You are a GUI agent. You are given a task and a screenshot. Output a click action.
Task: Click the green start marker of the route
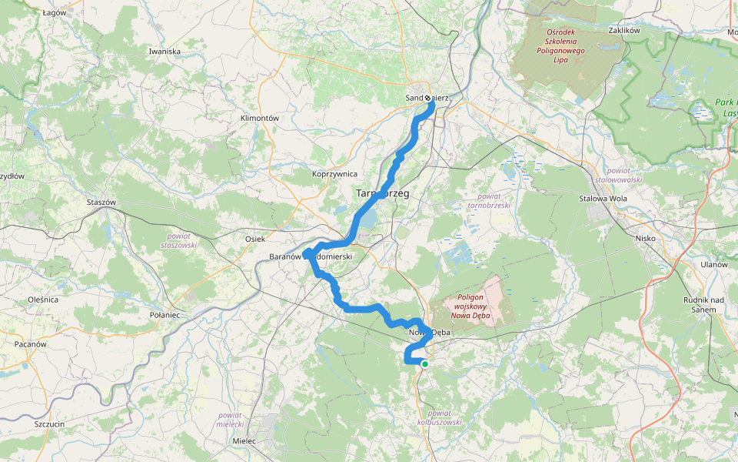coord(424,363)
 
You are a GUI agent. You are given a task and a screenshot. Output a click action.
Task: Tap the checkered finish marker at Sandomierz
coord(428,99)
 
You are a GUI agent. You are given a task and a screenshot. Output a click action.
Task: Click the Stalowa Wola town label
coord(603,198)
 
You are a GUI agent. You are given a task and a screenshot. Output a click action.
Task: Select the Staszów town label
coord(101,202)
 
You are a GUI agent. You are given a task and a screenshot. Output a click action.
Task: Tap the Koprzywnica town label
coord(335,174)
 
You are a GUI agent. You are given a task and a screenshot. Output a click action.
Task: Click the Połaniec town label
coord(165,315)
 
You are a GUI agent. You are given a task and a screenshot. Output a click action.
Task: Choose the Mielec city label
coord(244,441)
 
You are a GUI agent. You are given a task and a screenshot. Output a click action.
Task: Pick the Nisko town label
coord(646,238)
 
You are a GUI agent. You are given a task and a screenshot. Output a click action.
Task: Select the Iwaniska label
coord(165,52)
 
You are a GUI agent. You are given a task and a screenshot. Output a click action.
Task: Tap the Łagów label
coord(54,13)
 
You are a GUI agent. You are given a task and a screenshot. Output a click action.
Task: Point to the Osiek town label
coord(254,239)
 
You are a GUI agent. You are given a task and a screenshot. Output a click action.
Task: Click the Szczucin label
coord(48,424)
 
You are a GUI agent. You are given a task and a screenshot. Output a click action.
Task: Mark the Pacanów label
coord(31,344)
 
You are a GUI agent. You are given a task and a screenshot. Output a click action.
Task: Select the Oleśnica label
coord(43,299)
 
